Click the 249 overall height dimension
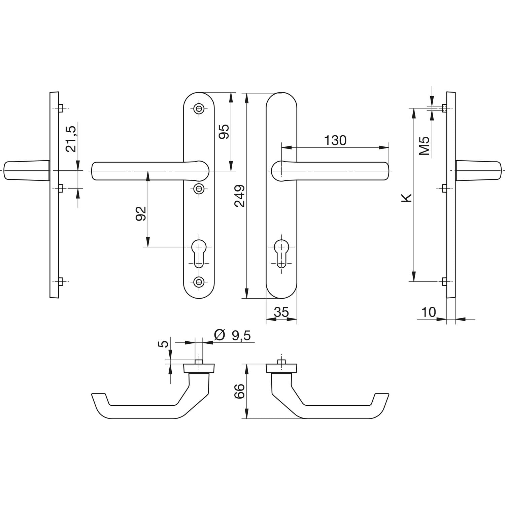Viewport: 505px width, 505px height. pos(240,196)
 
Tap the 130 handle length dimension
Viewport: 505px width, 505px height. pos(335,140)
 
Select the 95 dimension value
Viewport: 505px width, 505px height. pos(224,131)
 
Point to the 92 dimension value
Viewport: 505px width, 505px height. pos(141,213)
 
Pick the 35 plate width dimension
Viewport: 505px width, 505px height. pos(281,312)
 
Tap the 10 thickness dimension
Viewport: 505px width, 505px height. pos(429,312)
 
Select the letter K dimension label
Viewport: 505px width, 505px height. pos(407,198)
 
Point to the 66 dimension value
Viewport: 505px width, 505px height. pos(239,391)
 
